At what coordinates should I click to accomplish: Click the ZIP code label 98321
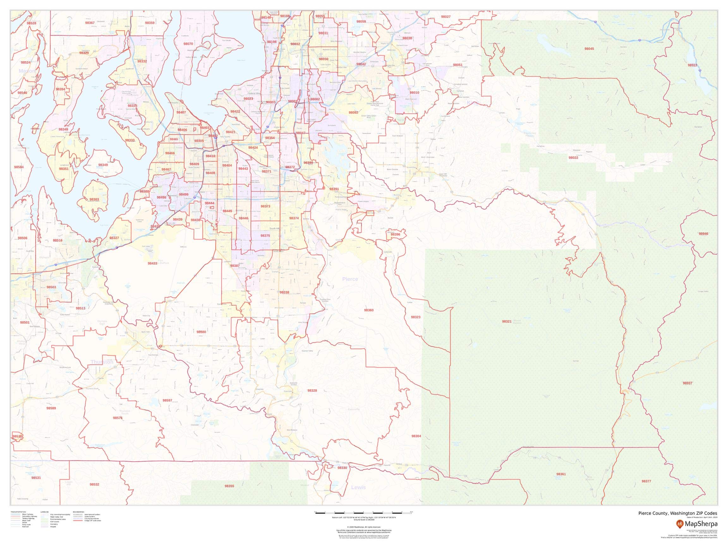507,321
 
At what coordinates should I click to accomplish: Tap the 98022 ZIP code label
573,158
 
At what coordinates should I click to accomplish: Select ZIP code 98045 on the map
589,49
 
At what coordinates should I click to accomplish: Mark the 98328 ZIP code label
312,390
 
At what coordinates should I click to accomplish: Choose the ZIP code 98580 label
201,332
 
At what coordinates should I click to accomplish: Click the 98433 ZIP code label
152,263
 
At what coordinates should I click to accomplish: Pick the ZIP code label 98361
561,474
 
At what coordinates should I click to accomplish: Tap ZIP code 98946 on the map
703,234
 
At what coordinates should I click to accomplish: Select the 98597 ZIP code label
167,401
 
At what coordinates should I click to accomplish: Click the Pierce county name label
350,279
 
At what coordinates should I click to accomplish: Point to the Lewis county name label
358,488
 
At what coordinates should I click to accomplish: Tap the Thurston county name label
102,362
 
